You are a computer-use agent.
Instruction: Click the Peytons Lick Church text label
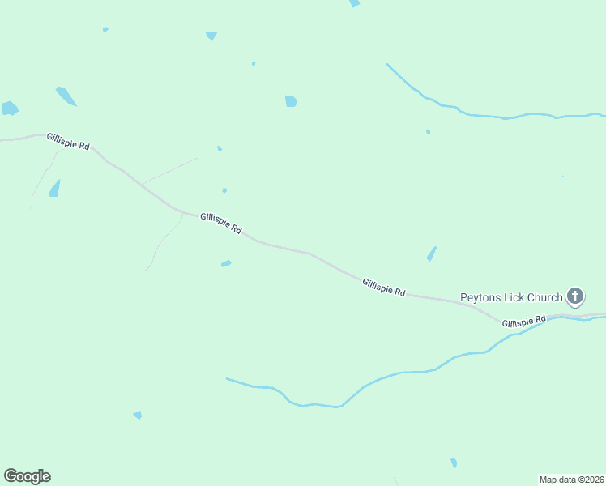[x=510, y=297]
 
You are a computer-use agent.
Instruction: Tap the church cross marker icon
[x=574, y=296]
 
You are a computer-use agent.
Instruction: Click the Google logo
[x=27, y=476]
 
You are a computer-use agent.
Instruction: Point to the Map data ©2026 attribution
[x=571, y=479]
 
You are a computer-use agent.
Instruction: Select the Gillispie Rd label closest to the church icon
[x=523, y=322]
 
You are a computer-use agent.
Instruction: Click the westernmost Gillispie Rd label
[x=68, y=141]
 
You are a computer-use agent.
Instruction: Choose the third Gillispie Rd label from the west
[x=383, y=288]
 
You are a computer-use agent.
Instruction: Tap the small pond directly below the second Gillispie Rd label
[x=226, y=263]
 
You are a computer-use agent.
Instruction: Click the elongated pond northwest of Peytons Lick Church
[x=432, y=254]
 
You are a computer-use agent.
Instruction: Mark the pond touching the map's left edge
[x=9, y=108]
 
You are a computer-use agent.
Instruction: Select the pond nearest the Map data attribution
[x=454, y=463]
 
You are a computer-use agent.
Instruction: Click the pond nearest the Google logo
[x=138, y=416]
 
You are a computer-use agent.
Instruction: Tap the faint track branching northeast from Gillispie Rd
[x=170, y=169]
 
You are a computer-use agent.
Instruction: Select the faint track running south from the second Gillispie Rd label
[x=162, y=242]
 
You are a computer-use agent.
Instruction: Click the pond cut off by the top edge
[x=354, y=3]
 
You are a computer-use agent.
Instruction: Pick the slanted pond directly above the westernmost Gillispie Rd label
[x=66, y=96]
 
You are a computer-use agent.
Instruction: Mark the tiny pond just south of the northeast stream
[x=428, y=131]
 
